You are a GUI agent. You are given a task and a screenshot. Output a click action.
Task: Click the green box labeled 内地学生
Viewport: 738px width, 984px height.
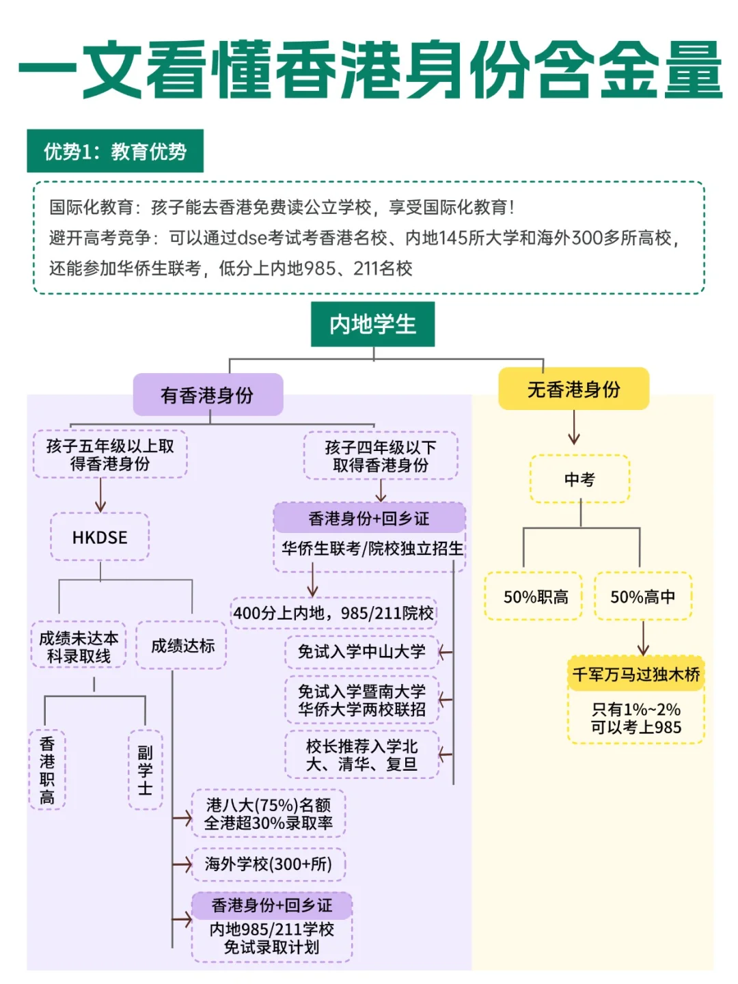[x=372, y=324]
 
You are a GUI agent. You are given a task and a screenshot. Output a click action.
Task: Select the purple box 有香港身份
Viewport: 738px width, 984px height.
[x=208, y=394]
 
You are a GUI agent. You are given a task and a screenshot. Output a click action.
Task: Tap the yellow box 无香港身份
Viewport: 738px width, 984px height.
[x=573, y=389]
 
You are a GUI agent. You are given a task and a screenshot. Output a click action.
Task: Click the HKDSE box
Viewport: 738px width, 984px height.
[x=100, y=537]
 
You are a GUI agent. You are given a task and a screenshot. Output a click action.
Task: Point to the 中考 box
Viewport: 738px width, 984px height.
[x=579, y=479]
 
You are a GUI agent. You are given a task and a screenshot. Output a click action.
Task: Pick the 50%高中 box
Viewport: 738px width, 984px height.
[x=642, y=597]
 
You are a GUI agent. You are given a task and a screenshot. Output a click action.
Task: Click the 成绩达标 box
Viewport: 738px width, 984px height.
[x=182, y=645]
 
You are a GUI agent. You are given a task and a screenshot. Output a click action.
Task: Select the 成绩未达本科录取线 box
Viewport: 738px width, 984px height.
[x=79, y=646]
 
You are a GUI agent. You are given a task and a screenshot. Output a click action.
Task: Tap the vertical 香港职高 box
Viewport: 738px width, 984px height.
[x=47, y=769]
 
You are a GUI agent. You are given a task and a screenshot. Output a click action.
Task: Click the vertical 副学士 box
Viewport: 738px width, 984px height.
[x=145, y=769]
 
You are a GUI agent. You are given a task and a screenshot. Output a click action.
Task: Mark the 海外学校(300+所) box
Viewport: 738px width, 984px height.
[x=268, y=864]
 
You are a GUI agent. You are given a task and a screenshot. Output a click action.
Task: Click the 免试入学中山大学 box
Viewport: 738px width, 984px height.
[x=361, y=651]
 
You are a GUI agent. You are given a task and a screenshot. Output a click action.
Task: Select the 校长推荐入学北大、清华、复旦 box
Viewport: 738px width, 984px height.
[x=361, y=755]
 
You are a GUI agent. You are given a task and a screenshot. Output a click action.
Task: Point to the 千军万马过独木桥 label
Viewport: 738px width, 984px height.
[x=635, y=674]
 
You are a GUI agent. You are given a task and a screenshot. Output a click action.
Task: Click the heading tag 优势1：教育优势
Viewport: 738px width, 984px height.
[x=115, y=151]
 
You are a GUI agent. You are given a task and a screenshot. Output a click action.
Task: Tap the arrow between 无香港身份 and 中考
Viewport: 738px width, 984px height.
[x=574, y=428]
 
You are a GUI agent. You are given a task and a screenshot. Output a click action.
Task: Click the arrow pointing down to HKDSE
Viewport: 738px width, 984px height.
[x=100, y=495]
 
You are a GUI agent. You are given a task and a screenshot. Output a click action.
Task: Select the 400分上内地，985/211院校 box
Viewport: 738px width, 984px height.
[x=333, y=613]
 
